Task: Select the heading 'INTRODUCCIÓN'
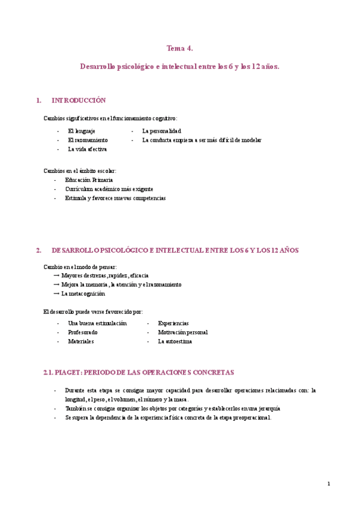(79, 100)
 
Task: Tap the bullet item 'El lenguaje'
(82, 130)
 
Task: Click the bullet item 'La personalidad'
(161, 130)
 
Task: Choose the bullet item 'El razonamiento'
(88, 140)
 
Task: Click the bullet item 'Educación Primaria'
(89, 179)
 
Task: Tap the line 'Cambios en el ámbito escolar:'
(80, 170)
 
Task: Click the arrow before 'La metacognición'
(56, 294)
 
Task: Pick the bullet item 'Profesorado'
(83, 332)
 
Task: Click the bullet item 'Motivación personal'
(183, 332)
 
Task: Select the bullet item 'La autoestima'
(175, 341)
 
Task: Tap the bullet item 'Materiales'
(81, 341)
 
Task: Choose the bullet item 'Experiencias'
(173, 323)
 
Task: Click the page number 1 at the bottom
(329, 484)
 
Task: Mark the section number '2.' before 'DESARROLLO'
(39, 250)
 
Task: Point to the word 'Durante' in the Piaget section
(75, 390)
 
